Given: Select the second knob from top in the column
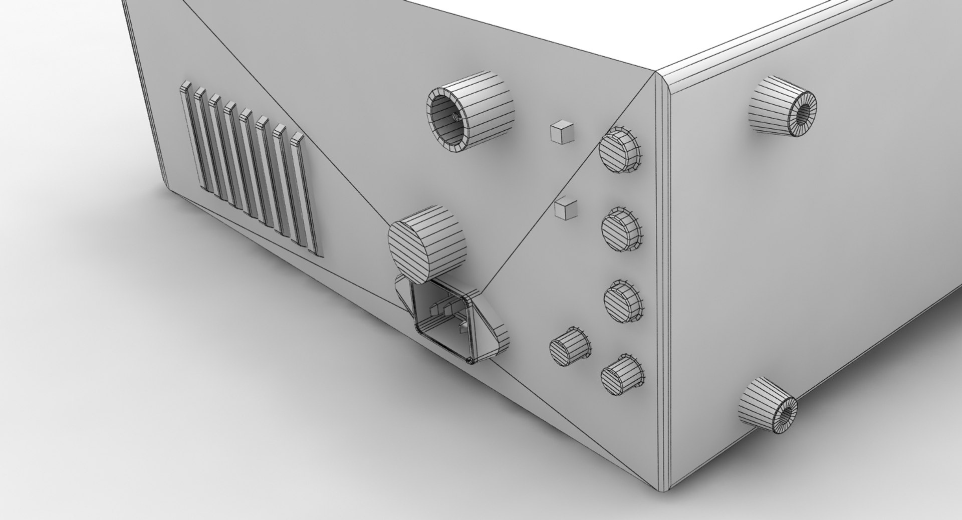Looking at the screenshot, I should (x=621, y=228).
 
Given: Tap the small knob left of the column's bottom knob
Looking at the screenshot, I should (x=569, y=346).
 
